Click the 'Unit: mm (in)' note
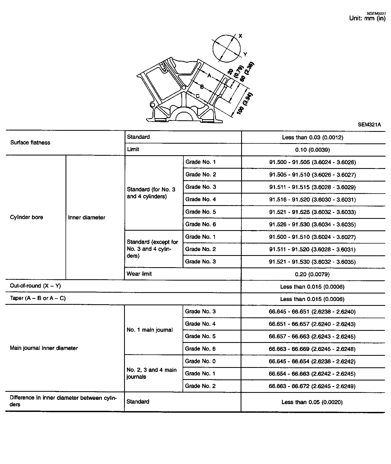[x=367, y=18]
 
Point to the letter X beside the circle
[x=240, y=36]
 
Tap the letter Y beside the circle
[x=245, y=55]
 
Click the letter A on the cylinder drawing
[x=209, y=76]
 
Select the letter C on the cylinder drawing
[x=197, y=96]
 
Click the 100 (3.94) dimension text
[x=245, y=104]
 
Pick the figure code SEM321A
[x=369, y=125]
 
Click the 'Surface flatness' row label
[x=30, y=143]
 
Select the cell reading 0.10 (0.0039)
[x=312, y=150]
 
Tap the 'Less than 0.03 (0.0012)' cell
[x=312, y=137]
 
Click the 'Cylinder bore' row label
[x=26, y=217]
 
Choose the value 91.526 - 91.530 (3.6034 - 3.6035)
[x=312, y=224]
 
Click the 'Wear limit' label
[x=139, y=274]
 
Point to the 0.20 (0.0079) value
[x=312, y=274]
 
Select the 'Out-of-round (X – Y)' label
[x=35, y=286]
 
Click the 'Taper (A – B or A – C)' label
[x=38, y=298]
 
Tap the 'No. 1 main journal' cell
[x=150, y=330]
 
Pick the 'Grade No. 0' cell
[x=200, y=361]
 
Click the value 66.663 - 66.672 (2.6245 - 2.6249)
[x=312, y=386]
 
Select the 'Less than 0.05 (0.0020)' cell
[x=312, y=402]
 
